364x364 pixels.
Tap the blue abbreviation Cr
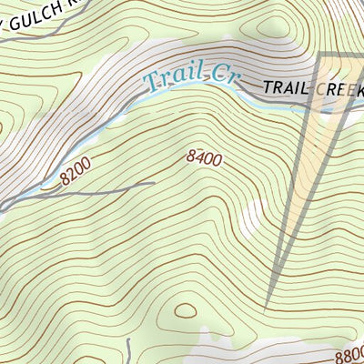tap(218, 74)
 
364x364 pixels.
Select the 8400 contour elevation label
tap(205, 158)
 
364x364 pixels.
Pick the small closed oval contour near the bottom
tap(186, 310)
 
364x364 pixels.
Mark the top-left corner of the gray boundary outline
tap(319, 56)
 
